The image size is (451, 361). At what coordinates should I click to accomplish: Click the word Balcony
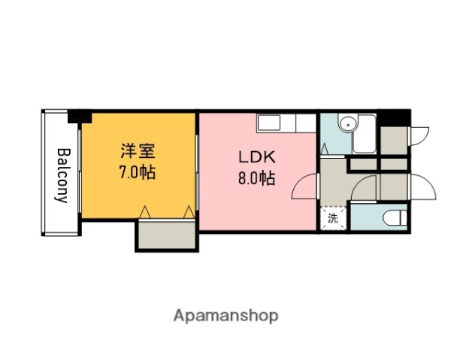62,174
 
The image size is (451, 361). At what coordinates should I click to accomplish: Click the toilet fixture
395,219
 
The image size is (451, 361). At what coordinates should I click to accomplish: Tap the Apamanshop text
226,315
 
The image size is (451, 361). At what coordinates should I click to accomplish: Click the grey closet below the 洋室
166,235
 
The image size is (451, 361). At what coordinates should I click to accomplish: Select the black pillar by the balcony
79,117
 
